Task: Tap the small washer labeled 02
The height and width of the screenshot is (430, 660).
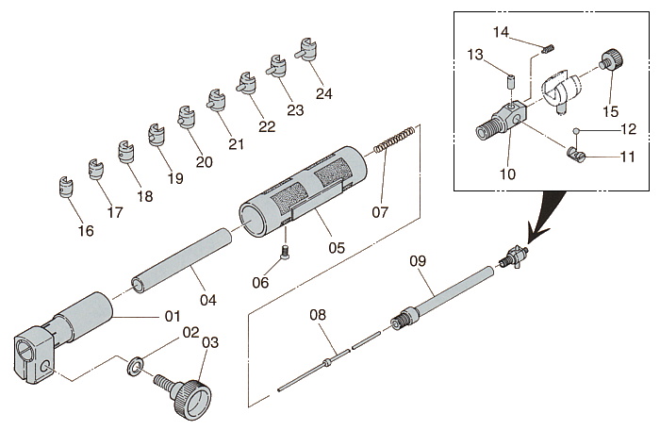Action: (136, 362)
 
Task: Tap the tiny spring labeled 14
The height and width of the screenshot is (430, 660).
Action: (548, 48)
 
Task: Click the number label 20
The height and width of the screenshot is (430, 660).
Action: (204, 161)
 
